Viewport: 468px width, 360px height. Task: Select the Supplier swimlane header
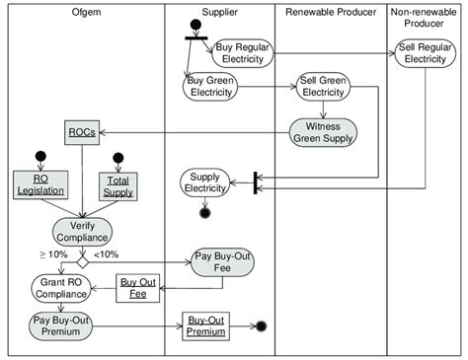[x=218, y=11]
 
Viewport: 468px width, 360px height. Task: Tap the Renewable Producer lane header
[x=329, y=11]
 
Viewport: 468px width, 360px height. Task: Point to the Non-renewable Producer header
[x=427, y=17]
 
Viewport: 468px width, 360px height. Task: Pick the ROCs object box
[x=80, y=133]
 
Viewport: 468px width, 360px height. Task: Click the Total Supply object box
[x=118, y=184]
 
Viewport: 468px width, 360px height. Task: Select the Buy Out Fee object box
[x=137, y=287]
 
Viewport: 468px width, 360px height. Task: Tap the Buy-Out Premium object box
[x=204, y=326]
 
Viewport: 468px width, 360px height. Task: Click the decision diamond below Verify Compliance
[x=83, y=262]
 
